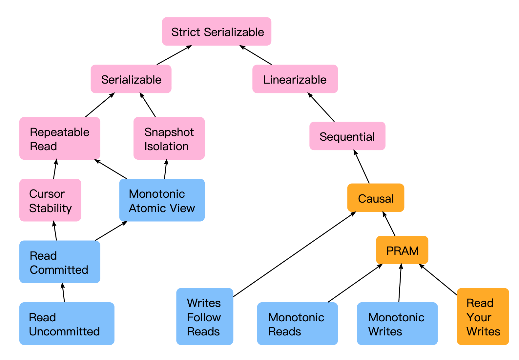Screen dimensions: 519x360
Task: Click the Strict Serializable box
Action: point(217,31)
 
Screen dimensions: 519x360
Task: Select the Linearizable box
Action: point(295,79)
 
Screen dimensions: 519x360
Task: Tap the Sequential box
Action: point(347,136)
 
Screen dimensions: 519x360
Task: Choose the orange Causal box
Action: point(376,198)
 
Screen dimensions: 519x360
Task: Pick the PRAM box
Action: point(402,250)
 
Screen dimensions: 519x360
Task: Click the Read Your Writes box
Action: point(483,316)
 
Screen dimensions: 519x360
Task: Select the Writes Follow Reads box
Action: point(205,316)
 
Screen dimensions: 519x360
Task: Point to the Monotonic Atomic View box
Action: point(162,200)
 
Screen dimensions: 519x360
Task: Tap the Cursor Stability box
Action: point(50,200)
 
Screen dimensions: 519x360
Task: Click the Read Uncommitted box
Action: point(67,324)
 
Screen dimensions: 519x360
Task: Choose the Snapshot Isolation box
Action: point(169,138)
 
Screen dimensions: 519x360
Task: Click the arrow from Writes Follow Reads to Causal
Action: point(295,254)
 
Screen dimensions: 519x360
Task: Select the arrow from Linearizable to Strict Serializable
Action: point(255,55)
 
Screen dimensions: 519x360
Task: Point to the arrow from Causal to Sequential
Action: point(361,167)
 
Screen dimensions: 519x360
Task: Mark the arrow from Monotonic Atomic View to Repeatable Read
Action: point(111,169)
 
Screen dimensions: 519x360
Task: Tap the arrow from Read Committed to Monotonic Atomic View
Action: point(111,231)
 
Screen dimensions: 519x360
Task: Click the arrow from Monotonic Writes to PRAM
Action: point(400,283)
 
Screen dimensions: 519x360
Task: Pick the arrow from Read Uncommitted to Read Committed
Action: point(63,292)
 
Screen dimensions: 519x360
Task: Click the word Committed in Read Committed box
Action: point(59,270)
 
